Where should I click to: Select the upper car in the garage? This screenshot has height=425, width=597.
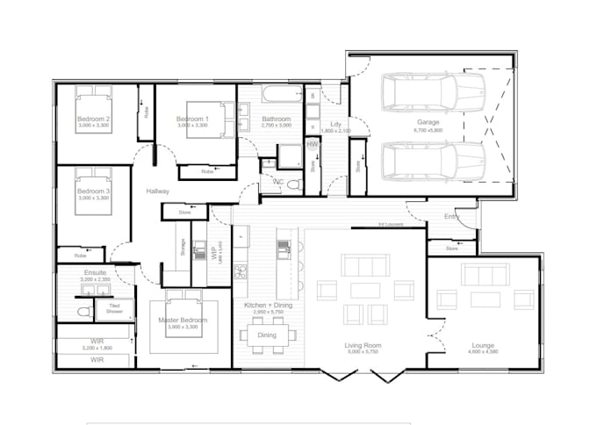pos(433,92)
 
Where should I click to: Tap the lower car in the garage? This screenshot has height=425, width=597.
pos(433,161)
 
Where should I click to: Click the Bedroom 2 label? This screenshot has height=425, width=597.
pos(93,119)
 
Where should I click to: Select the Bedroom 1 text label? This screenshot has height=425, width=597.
pos(192,119)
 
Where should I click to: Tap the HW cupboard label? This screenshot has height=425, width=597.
pos(312,144)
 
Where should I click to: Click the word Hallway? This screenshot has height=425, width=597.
pos(158,191)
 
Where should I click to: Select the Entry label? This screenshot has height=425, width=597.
pos(451,216)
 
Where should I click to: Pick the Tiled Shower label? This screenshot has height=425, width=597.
pos(114,308)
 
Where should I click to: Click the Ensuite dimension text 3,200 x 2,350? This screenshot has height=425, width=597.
pos(95,280)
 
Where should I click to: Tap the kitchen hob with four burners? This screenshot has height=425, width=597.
pos(240,270)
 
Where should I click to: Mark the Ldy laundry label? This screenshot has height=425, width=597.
pos(335,124)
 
